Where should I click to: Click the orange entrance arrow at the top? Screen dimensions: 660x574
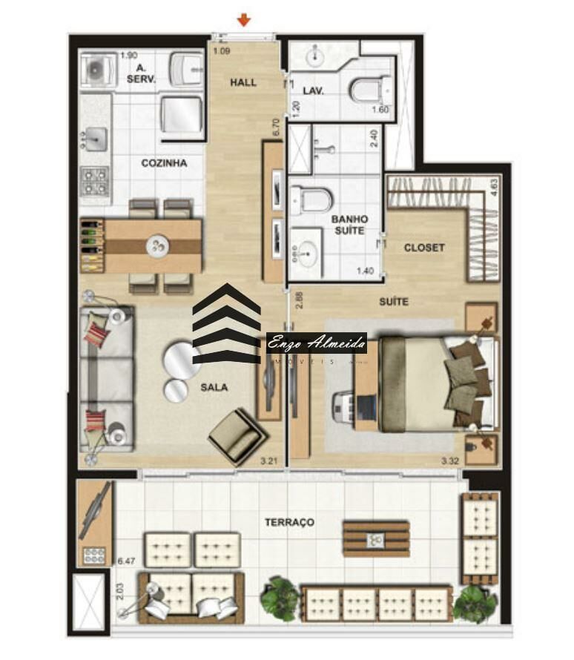coord(243,19)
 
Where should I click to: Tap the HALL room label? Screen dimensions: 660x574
coord(243,82)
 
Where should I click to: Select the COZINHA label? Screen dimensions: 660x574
coord(164,163)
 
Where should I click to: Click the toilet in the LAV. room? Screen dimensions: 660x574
coord(368,92)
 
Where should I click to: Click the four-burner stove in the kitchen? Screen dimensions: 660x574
coord(94,180)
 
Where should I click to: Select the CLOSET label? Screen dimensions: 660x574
coord(424,248)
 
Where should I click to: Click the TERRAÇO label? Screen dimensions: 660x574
coord(289,522)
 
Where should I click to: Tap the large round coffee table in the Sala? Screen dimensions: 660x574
coord(181,359)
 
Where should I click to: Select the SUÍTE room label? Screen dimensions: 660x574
coord(393,302)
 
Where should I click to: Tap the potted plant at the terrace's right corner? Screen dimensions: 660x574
coord(475,602)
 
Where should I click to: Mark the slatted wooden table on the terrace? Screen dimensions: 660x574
coord(375,538)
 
